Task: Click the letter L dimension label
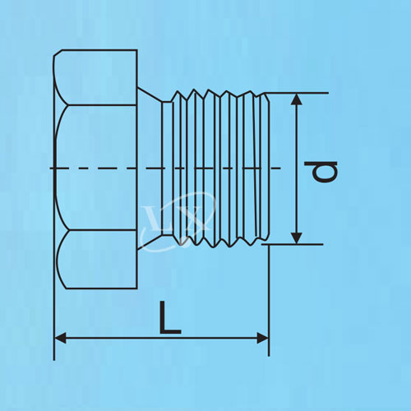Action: click(170, 317)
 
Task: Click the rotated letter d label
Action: click(321, 171)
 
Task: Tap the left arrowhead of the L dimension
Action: click(61, 339)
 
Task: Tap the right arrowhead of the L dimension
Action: click(263, 339)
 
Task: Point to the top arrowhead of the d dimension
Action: click(296, 99)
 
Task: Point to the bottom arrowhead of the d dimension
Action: click(296, 238)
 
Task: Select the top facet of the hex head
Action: click(95, 77)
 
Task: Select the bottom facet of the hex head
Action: click(98, 260)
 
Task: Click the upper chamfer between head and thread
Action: click(150, 95)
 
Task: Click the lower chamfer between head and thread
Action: click(150, 242)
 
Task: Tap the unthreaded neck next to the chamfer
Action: click(168, 169)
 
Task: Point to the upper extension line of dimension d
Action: click(296, 93)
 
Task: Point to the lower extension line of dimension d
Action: click(293, 244)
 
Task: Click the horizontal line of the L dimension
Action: click(162, 339)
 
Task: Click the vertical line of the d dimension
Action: click(296, 169)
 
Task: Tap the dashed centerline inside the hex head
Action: click(93, 168)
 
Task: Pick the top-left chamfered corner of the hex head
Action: click(58, 53)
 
